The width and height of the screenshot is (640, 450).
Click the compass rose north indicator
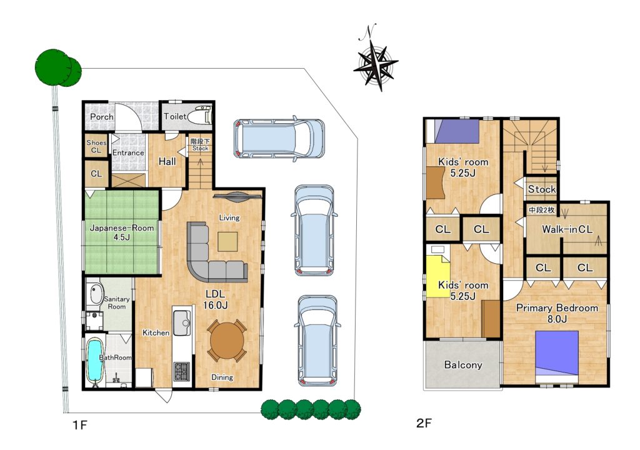(x=376, y=61)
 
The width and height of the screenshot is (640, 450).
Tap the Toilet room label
(x=175, y=116)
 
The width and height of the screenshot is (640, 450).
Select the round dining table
(x=227, y=341)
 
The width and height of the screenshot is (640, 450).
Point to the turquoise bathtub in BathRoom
(x=95, y=360)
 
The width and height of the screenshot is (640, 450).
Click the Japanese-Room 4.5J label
(x=122, y=232)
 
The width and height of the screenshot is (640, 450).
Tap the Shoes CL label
(x=96, y=146)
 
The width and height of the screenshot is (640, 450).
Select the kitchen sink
(x=182, y=323)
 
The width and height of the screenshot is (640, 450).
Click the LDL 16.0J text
(x=215, y=299)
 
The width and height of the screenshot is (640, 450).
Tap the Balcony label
(x=463, y=364)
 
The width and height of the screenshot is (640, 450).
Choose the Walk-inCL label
(x=567, y=229)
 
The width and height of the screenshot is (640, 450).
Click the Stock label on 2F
(x=542, y=189)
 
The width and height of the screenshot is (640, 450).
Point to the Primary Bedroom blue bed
(x=557, y=353)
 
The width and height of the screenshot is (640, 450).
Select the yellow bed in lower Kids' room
(x=437, y=273)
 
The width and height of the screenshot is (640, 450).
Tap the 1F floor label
(x=80, y=425)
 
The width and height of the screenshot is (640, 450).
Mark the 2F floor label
(x=424, y=423)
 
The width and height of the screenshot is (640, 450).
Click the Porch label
(x=102, y=117)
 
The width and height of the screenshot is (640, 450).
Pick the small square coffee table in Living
(x=227, y=241)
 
